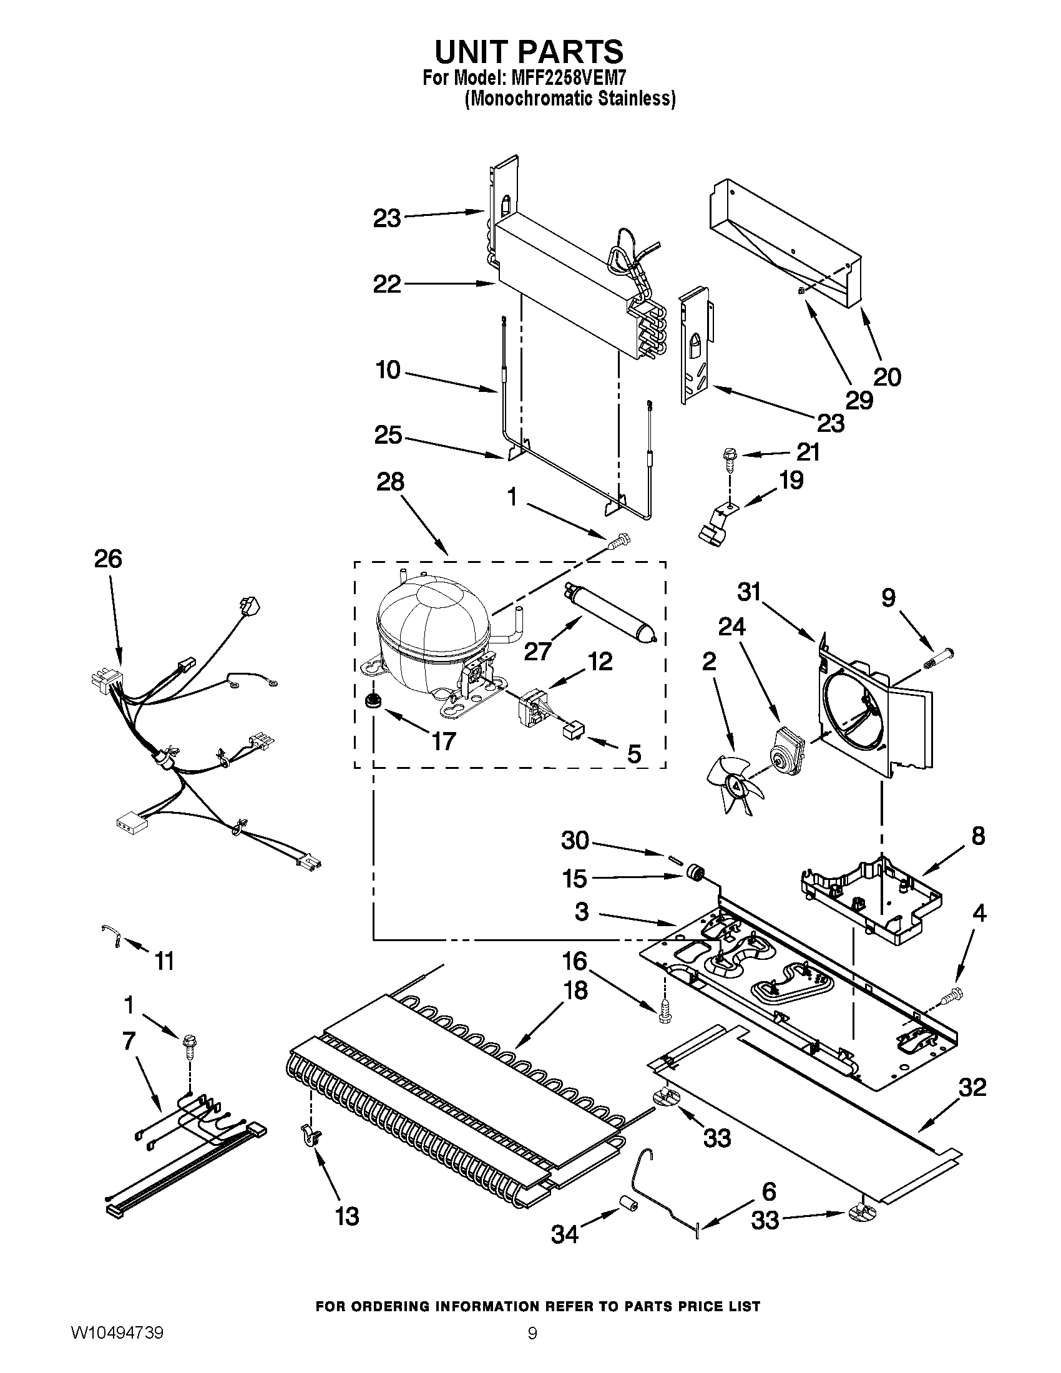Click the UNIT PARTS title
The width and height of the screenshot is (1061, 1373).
(529, 52)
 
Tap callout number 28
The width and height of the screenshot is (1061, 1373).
(389, 482)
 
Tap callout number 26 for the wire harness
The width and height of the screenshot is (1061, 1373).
(108, 559)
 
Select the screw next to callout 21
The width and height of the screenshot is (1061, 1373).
(730, 457)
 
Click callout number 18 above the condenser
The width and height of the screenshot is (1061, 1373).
(576, 990)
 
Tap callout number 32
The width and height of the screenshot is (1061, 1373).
(972, 1087)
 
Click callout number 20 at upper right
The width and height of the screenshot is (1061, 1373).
(887, 377)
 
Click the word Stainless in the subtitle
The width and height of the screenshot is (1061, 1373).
(638, 99)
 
